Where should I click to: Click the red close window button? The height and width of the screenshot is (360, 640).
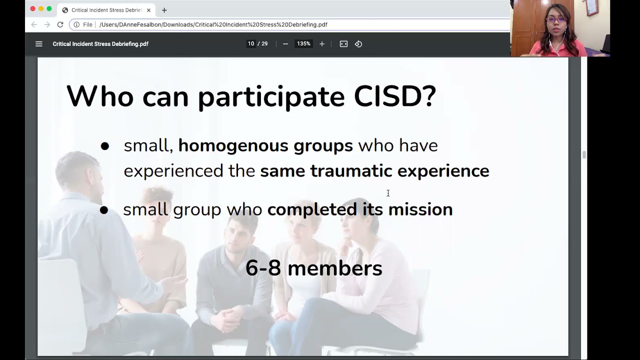pos(33,9)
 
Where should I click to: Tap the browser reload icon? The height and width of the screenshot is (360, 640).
pos(60,24)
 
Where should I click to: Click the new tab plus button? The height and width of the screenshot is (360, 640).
pos(164,10)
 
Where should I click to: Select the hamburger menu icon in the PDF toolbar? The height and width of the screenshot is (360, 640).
pos(39,44)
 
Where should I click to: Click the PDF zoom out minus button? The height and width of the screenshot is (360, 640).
pos(285,44)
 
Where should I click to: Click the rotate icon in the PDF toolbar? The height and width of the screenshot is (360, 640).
pos(358,44)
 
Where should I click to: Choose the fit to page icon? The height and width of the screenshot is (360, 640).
pos(343,44)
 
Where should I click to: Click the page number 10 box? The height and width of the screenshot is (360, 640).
pos(251,44)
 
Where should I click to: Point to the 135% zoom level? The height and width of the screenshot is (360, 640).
pos(303,44)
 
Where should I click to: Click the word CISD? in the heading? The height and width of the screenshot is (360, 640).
pos(395,96)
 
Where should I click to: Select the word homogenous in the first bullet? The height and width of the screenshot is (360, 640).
pos(233,145)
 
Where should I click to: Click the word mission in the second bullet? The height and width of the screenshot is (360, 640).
pos(420,209)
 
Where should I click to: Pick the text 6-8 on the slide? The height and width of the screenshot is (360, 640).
pos(263,268)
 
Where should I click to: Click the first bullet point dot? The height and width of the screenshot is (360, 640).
pos(104,146)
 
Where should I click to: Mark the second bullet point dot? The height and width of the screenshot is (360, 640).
pos(104,210)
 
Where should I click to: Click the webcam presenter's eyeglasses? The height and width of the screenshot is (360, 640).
pos(556,20)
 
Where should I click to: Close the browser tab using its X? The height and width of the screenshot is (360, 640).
pos(148,10)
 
